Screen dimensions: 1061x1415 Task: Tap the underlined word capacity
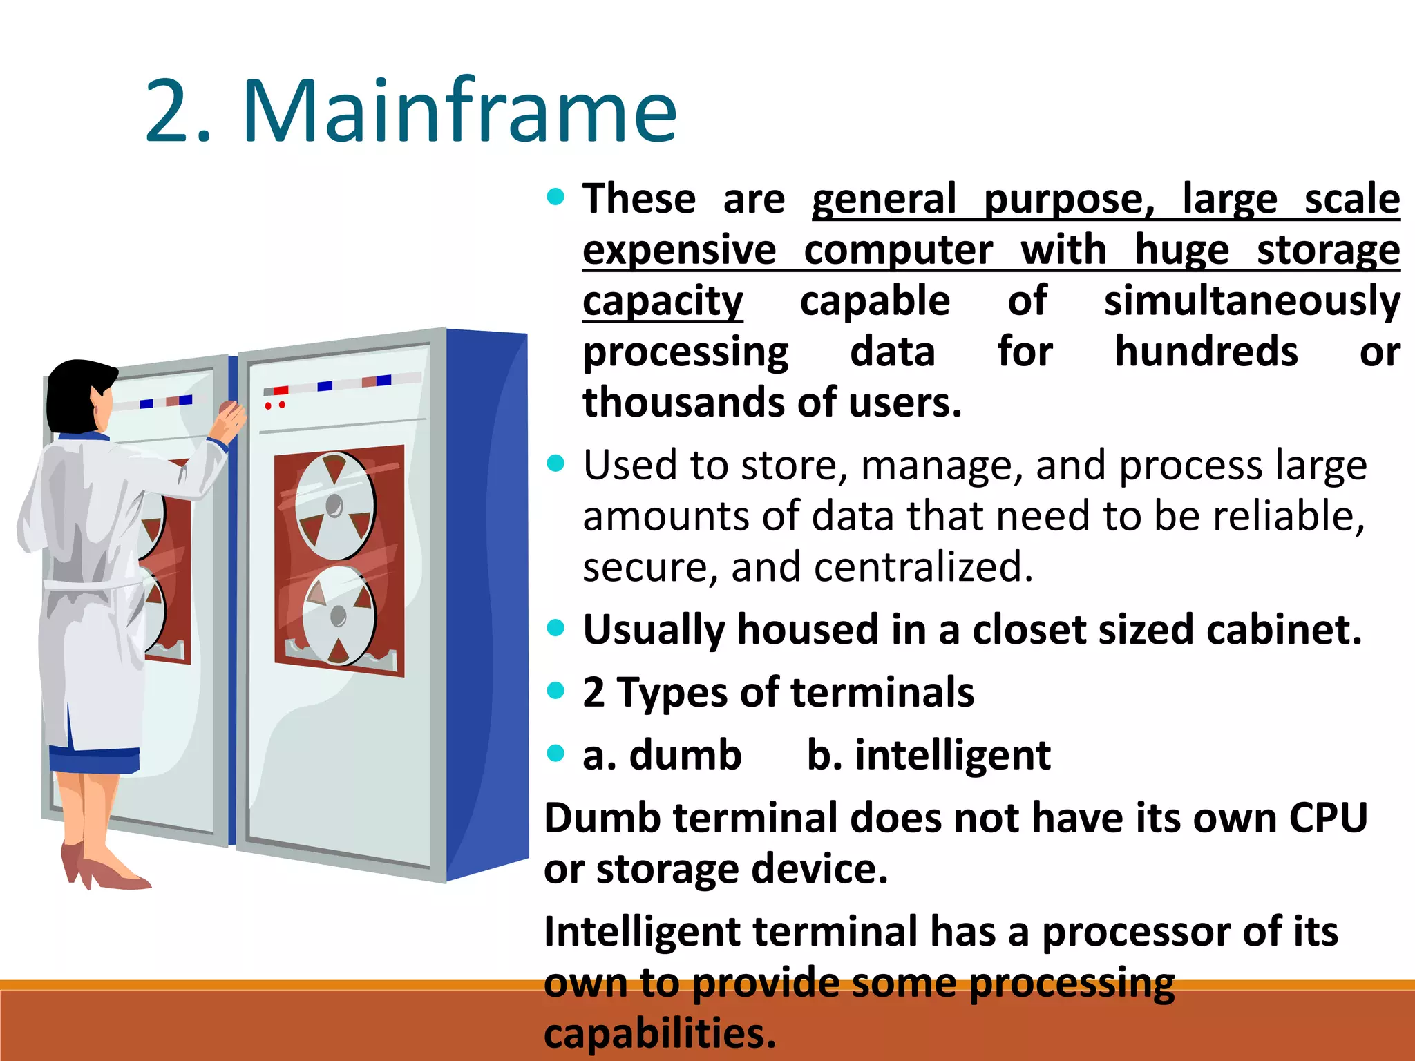pos(662,302)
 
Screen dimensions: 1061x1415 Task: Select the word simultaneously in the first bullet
pos(1251,302)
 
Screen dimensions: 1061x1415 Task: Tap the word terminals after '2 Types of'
pos(882,693)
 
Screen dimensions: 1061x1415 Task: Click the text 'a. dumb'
pos(661,755)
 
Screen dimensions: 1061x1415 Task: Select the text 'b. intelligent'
pos(928,755)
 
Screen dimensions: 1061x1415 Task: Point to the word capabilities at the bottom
pos(660,1034)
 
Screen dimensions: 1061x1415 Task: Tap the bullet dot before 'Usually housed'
pos(555,628)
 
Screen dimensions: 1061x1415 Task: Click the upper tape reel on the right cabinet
pos(335,506)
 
